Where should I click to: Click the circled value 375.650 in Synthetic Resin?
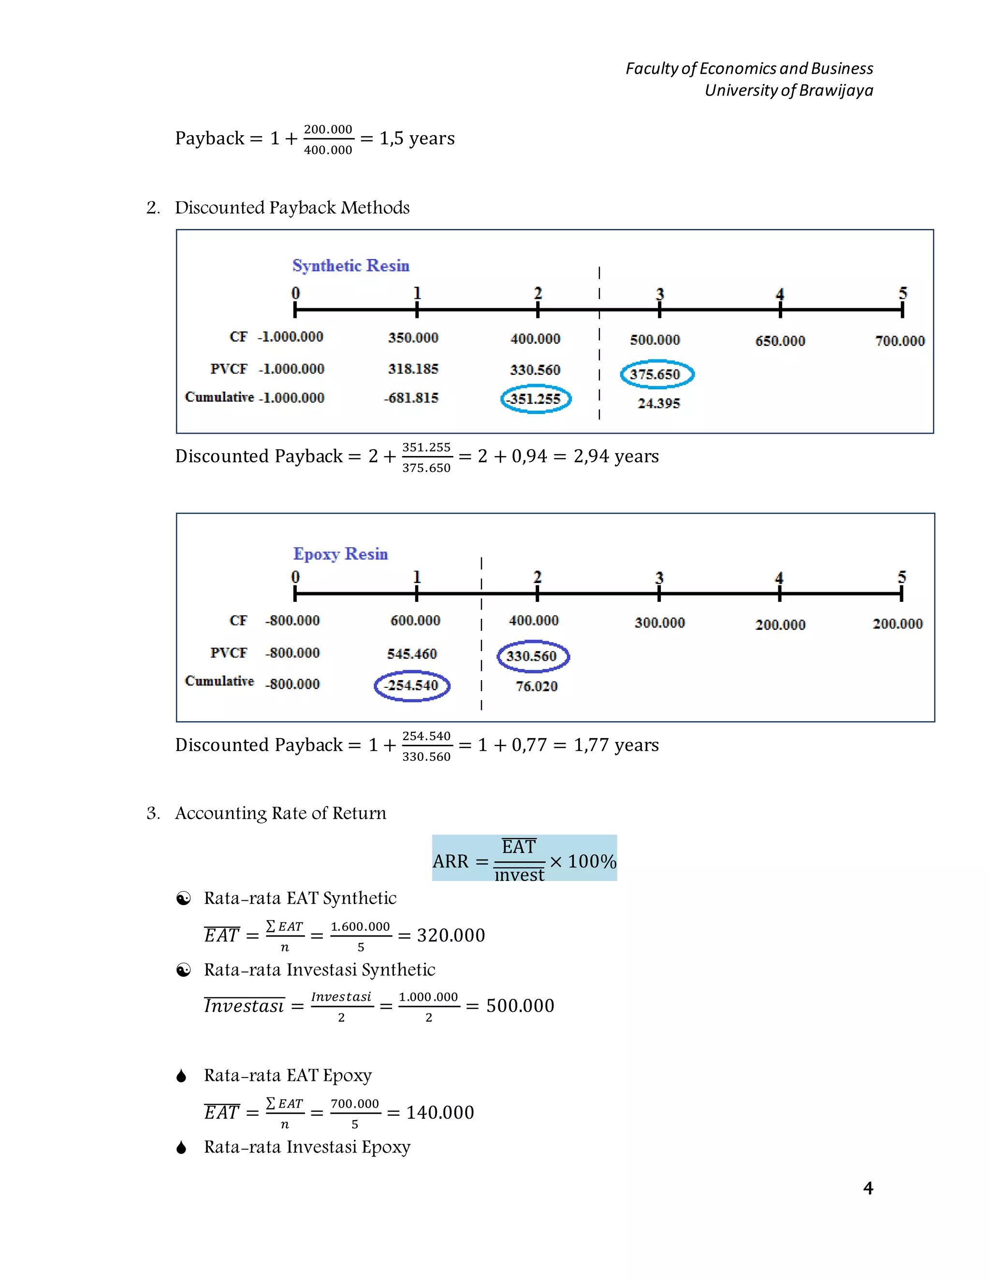point(655,374)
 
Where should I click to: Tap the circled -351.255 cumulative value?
point(535,399)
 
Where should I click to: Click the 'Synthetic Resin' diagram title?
point(351,266)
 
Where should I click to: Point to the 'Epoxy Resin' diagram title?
point(340,554)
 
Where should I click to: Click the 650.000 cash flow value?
point(780,341)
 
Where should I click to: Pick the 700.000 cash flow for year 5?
point(900,341)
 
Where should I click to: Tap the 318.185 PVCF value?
point(413,369)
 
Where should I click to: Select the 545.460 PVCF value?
point(412,654)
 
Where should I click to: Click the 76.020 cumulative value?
point(537,686)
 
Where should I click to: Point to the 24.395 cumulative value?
point(659,403)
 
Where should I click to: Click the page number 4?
point(868,1188)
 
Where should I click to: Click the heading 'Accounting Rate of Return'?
point(280,813)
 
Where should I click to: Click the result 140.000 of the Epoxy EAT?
point(440,1112)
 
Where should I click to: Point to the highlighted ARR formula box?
point(524,858)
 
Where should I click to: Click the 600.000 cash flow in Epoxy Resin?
point(415,620)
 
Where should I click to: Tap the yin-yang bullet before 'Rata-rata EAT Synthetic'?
point(184,898)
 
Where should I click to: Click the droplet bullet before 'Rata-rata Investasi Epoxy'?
point(182,1147)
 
